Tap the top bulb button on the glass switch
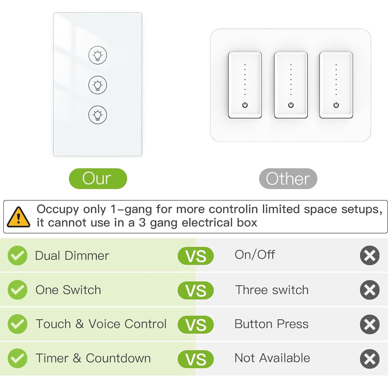(x=98, y=55)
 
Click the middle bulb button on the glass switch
(x=98, y=85)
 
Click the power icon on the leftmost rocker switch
(x=245, y=105)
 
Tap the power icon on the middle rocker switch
(x=291, y=105)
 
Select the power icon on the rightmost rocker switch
(x=336, y=105)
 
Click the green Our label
(x=98, y=179)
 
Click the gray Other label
(x=288, y=179)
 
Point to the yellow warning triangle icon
(x=18, y=217)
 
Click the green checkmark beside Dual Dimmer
(x=17, y=255)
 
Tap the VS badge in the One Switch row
(x=196, y=290)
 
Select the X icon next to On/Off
(x=369, y=255)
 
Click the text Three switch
(x=272, y=290)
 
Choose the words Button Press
(x=272, y=324)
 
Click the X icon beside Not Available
(x=369, y=359)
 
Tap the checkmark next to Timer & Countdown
(x=17, y=358)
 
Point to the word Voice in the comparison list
(x=104, y=324)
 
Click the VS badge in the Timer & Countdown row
(x=196, y=359)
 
